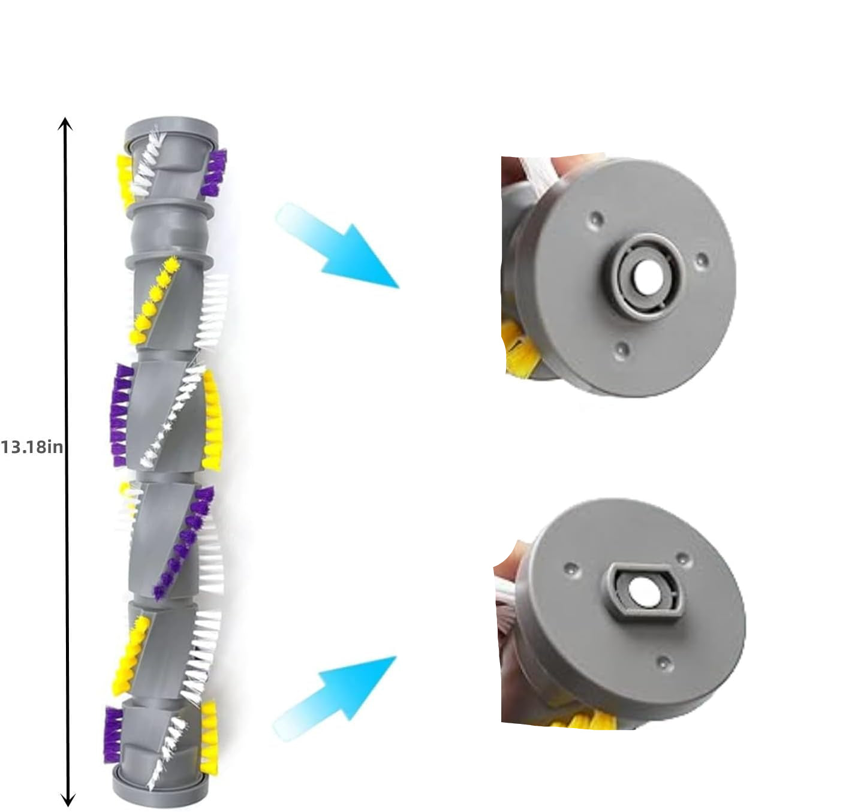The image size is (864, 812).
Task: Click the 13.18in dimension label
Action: [x=32, y=447]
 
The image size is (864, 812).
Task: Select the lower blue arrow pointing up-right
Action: [x=335, y=695]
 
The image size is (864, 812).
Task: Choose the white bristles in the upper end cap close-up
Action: [x=540, y=172]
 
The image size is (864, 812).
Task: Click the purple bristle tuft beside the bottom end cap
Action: [x=113, y=735]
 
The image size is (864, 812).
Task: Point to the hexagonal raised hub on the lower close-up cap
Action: [x=642, y=593]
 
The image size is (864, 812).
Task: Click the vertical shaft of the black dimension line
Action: [x=67, y=461]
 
